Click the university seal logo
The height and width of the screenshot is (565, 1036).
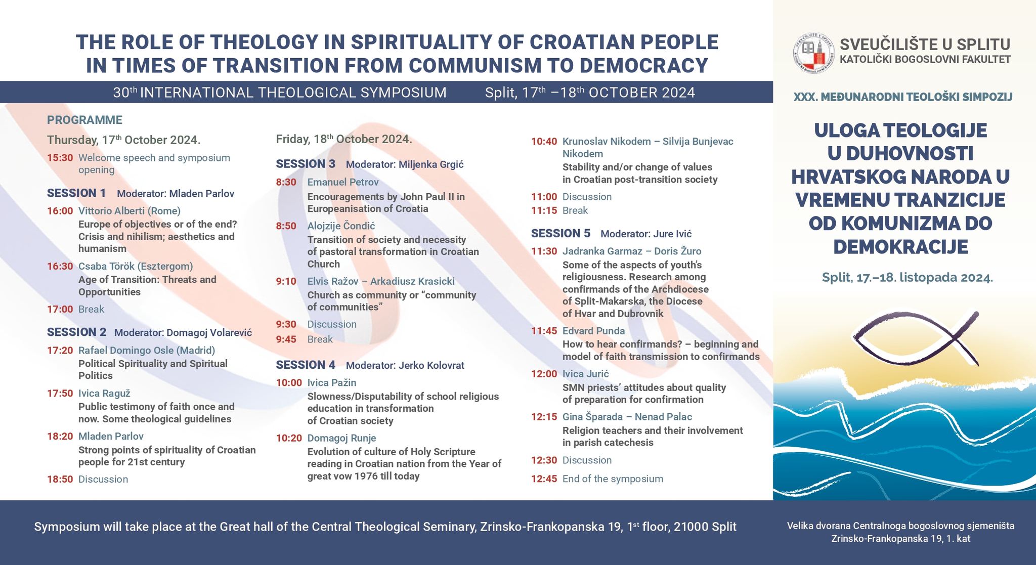(813, 53)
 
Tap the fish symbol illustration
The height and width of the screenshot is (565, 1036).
(916, 338)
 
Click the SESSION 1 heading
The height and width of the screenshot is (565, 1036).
(76, 193)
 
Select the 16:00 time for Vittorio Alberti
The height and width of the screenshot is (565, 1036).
(60, 211)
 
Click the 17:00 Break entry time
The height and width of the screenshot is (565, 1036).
(60, 309)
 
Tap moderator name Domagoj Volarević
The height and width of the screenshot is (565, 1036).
(209, 333)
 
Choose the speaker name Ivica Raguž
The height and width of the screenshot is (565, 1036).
(105, 394)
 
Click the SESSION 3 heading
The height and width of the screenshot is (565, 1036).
(306, 164)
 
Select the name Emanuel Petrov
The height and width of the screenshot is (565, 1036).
(343, 182)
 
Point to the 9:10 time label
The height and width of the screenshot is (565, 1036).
(286, 281)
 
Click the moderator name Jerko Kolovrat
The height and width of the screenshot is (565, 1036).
(431, 365)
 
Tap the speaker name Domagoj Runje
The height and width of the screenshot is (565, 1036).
(342, 438)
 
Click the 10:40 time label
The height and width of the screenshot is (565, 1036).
(544, 142)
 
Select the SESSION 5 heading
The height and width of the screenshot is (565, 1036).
(560, 234)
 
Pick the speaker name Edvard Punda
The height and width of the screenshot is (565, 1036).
(593, 331)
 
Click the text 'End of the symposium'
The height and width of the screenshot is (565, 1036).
(613, 479)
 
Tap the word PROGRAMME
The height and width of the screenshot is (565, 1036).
(84, 120)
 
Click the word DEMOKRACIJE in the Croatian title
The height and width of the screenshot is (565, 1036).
(900, 247)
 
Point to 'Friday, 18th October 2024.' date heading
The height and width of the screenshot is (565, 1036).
(344, 139)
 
